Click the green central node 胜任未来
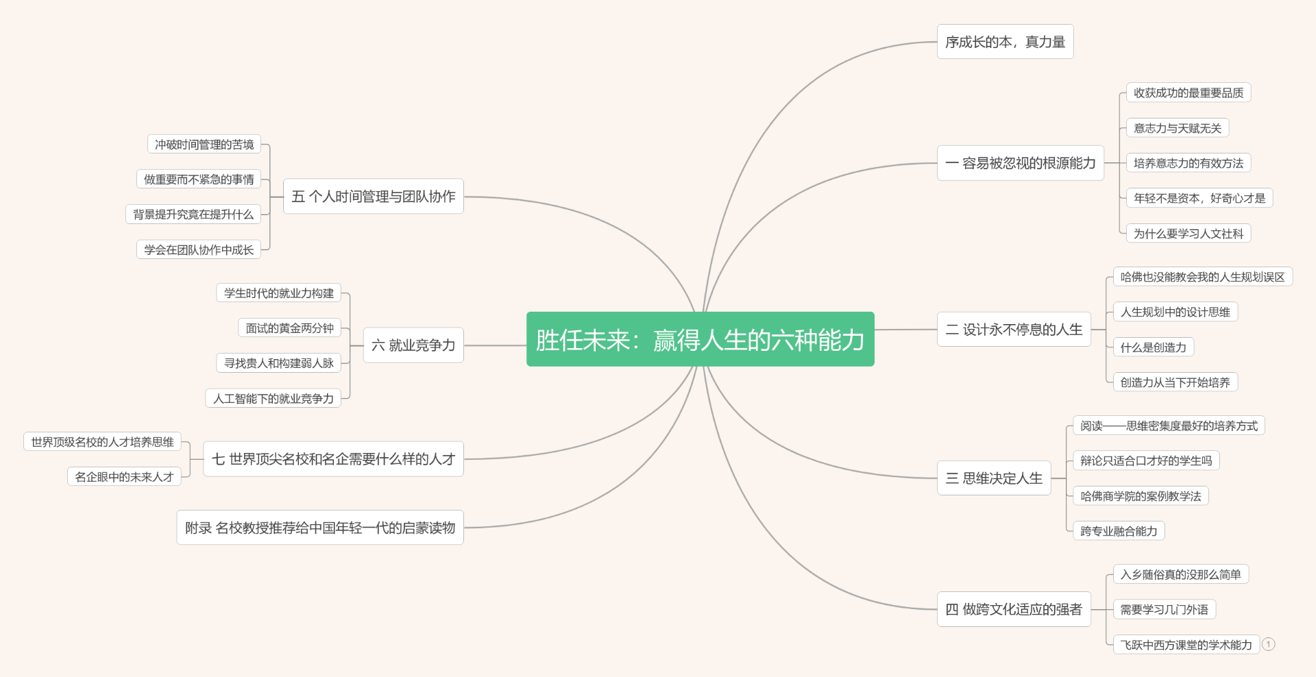[x=700, y=339]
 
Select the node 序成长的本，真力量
[x=1005, y=42]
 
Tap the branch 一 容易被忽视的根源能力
[x=1020, y=163]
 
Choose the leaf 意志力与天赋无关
[x=1178, y=128]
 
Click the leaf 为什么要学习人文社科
[x=1188, y=234]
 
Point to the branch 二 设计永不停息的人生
[x=1013, y=330]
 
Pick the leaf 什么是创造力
[x=1153, y=347]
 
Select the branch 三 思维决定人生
[x=993, y=478]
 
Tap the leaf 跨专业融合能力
[x=1119, y=531]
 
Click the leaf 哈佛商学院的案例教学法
[x=1141, y=496]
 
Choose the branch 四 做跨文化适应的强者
[x=1013, y=609]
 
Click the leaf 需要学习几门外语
[x=1164, y=609]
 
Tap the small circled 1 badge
[x=1269, y=644]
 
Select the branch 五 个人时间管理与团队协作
[x=373, y=197]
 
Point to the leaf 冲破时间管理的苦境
[x=204, y=145]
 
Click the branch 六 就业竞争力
[x=413, y=345]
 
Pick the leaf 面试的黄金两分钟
[x=289, y=328]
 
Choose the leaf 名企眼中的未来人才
[x=124, y=477]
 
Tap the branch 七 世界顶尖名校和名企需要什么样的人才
[x=333, y=459]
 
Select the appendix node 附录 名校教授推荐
[x=319, y=528]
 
